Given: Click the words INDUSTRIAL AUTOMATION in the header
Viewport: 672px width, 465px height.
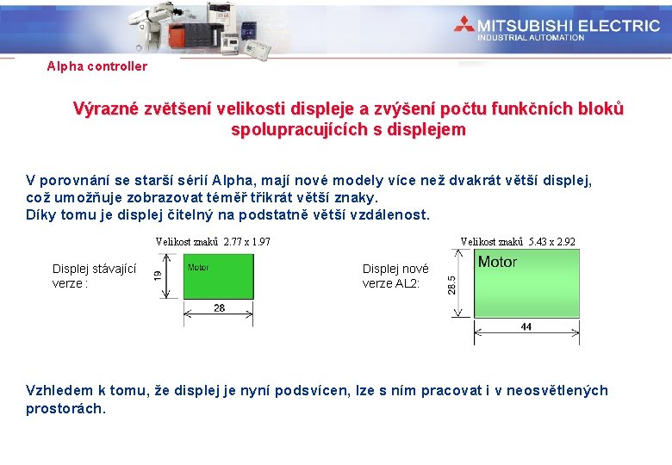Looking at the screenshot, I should (531, 37).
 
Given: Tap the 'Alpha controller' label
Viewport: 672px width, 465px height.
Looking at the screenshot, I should (96, 66).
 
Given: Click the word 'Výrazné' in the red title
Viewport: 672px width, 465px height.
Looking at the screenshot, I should (106, 109).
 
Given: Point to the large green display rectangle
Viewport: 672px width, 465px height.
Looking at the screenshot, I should (526, 284).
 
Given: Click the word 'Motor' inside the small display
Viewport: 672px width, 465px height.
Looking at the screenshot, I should (199, 268).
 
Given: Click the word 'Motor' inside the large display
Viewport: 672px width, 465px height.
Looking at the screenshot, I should (497, 262).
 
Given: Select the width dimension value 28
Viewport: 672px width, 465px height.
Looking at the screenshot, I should (219, 307).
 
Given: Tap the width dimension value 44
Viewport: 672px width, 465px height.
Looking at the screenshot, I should (526, 326).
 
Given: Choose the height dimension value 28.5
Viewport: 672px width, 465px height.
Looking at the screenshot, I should (453, 283).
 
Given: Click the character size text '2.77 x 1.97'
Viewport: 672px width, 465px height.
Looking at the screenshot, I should (246, 242).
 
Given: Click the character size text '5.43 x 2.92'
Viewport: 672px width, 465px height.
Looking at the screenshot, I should (551, 242).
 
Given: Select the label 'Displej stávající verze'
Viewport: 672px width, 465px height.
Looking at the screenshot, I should (94, 276).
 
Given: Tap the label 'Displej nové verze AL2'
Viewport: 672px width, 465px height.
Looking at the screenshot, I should (395, 276).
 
